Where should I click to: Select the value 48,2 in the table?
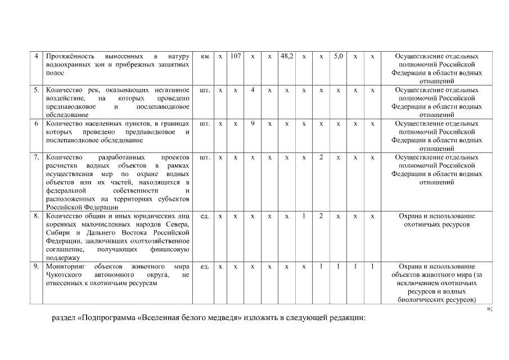286,57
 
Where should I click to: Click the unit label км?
205,57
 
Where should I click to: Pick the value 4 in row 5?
253,90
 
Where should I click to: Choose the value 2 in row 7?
321,157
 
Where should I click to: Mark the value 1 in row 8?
304,215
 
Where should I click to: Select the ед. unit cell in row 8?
205,215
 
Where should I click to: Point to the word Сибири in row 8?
57,232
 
